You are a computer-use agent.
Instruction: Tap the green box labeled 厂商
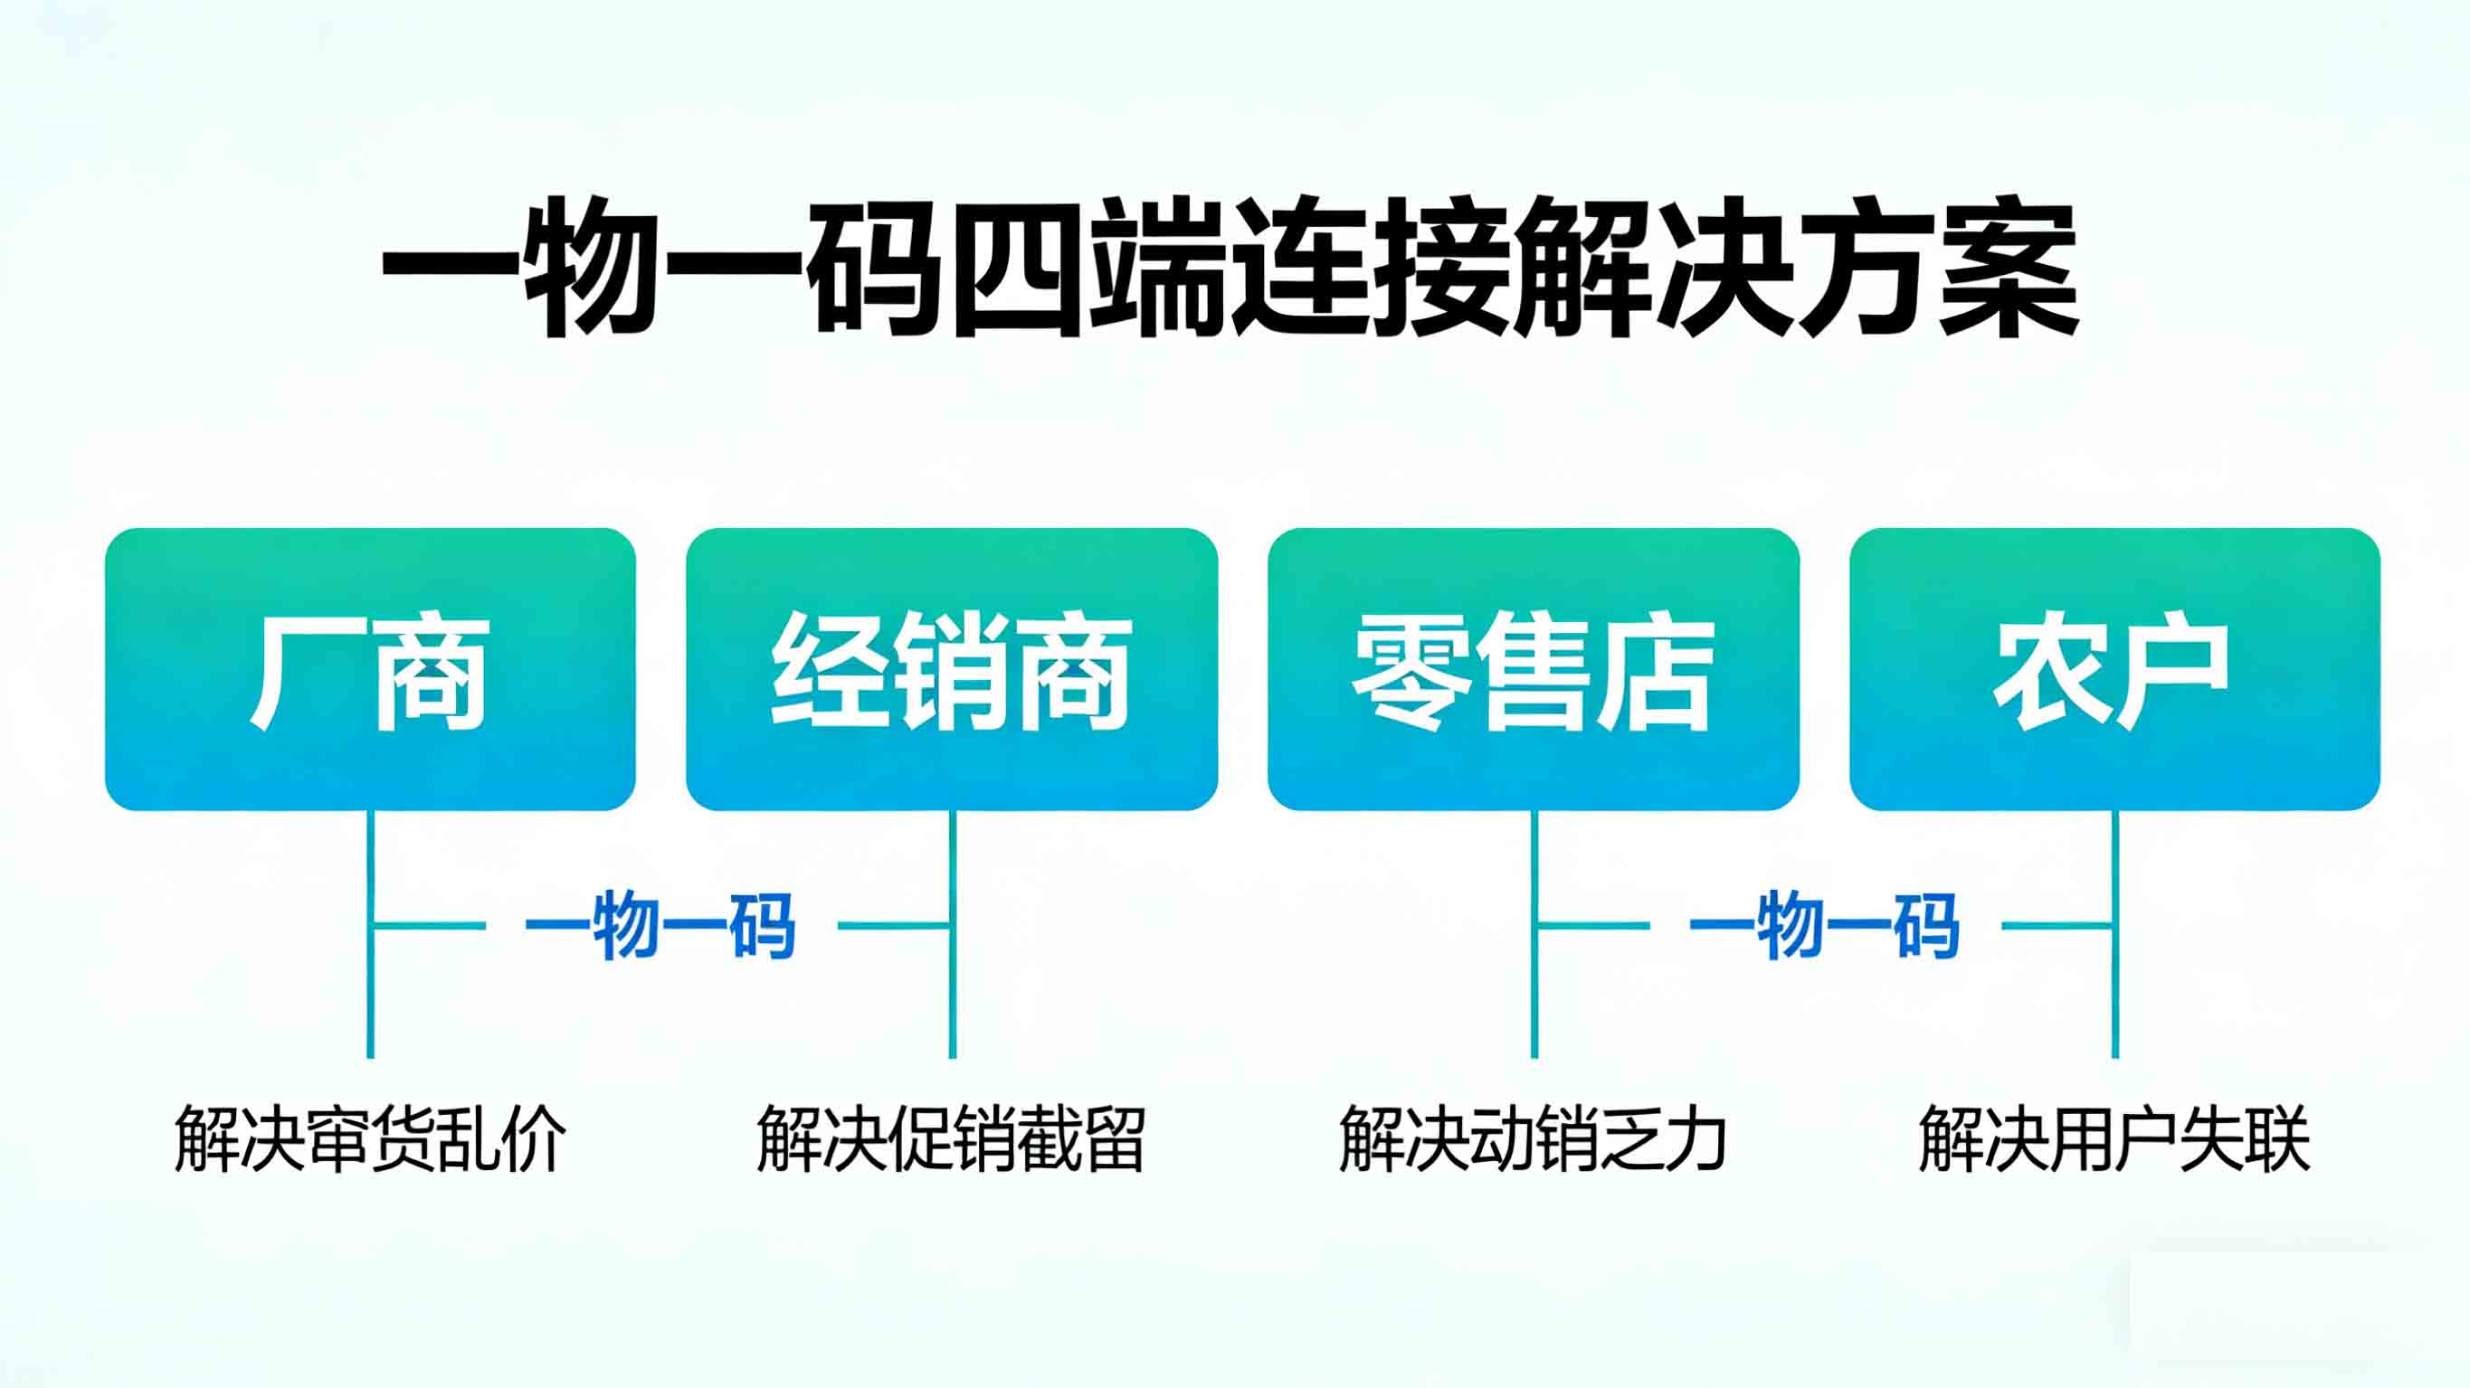click(370, 669)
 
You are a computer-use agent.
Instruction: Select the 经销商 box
click(952, 669)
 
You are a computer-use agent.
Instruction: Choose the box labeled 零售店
click(1534, 669)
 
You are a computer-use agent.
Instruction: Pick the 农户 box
click(2114, 669)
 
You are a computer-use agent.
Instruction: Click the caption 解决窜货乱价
click(370, 1138)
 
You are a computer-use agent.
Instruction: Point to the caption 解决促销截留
click(951, 1138)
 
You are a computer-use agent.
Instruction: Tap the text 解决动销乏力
click(1534, 1138)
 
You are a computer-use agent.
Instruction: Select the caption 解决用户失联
click(2114, 1138)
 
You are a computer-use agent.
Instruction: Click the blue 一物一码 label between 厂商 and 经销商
click(660, 926)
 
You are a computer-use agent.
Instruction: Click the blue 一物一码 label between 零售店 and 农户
click(1824, 926)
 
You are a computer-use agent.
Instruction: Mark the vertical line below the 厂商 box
click(370, 996)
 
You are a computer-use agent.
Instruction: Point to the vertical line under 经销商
click(952, 996)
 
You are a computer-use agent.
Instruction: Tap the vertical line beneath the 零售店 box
click(1534, 996)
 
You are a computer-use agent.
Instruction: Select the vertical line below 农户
click(2115, 996)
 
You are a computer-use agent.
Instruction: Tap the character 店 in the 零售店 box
click(1656, 673)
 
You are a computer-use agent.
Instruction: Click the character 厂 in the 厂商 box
click(305, 673)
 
